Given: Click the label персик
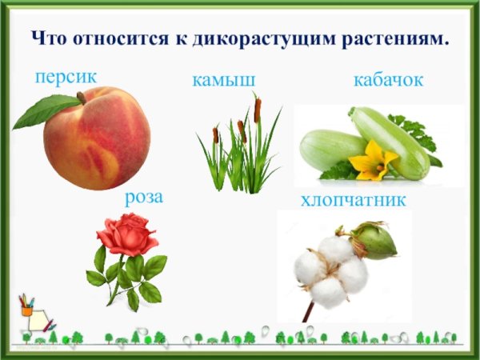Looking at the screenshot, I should tap(66, 77).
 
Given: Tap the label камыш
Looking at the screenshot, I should tap(223, 80).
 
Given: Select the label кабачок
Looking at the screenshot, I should tap(387, 80).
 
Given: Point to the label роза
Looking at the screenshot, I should tap(143, 197).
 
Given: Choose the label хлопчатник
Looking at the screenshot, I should tap(353, 199).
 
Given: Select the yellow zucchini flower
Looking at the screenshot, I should tap(372, 161).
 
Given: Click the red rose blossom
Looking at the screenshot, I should tap(127, 234).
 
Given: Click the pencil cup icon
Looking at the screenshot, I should tap(28, 307).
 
